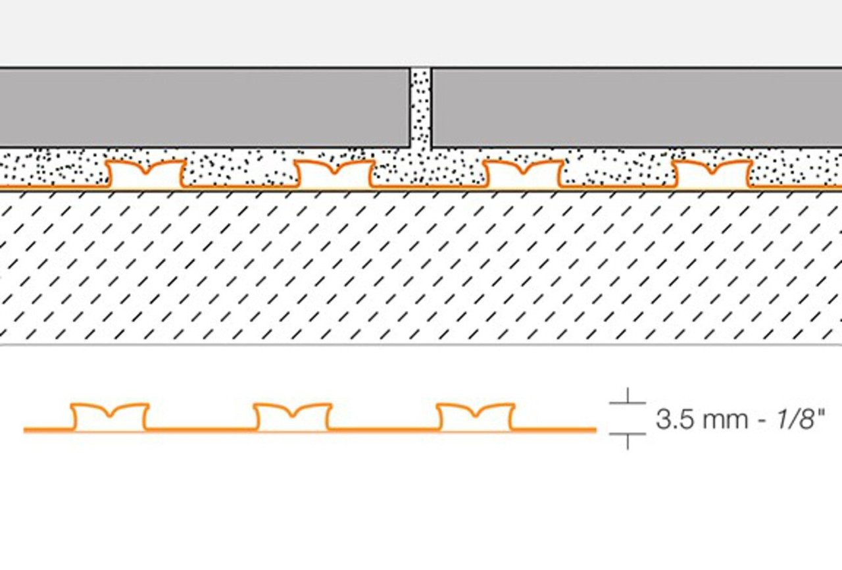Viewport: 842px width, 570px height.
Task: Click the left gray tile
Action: [x=205, y=108]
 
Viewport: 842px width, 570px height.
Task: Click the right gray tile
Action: [x=637, y=108]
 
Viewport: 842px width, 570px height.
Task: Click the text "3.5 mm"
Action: [x=701, y=419]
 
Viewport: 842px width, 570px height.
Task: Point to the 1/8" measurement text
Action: [x=801, y=419]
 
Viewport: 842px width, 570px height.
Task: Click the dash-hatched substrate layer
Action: [x=421, y=267]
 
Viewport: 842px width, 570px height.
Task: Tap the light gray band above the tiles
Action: [x=421, y=33]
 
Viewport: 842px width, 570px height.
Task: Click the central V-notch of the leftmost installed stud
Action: [x=146, y=173]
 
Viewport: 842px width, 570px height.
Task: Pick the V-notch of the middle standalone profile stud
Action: [x=293, y=416]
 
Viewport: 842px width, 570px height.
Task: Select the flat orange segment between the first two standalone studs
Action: [x=201, y=429]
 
